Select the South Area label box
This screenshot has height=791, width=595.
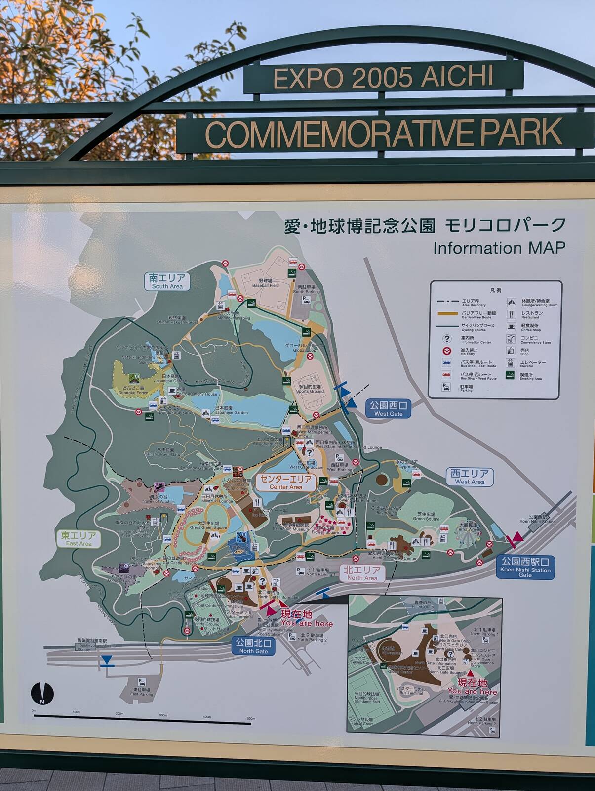167,281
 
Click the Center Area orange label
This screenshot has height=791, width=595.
286,482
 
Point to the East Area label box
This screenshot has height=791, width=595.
79,539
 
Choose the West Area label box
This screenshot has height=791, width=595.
470,477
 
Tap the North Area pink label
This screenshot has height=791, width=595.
362,574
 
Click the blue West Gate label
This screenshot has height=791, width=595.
388,409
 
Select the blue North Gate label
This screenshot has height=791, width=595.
253,646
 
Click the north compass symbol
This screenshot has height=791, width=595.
42,693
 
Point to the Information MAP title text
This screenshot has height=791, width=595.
499,248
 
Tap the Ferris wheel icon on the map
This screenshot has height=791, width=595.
467,539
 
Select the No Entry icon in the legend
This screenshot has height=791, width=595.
447,351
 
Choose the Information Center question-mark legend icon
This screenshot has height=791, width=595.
447,339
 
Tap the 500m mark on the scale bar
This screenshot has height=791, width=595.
251,718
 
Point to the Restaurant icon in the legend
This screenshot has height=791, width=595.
511,314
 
